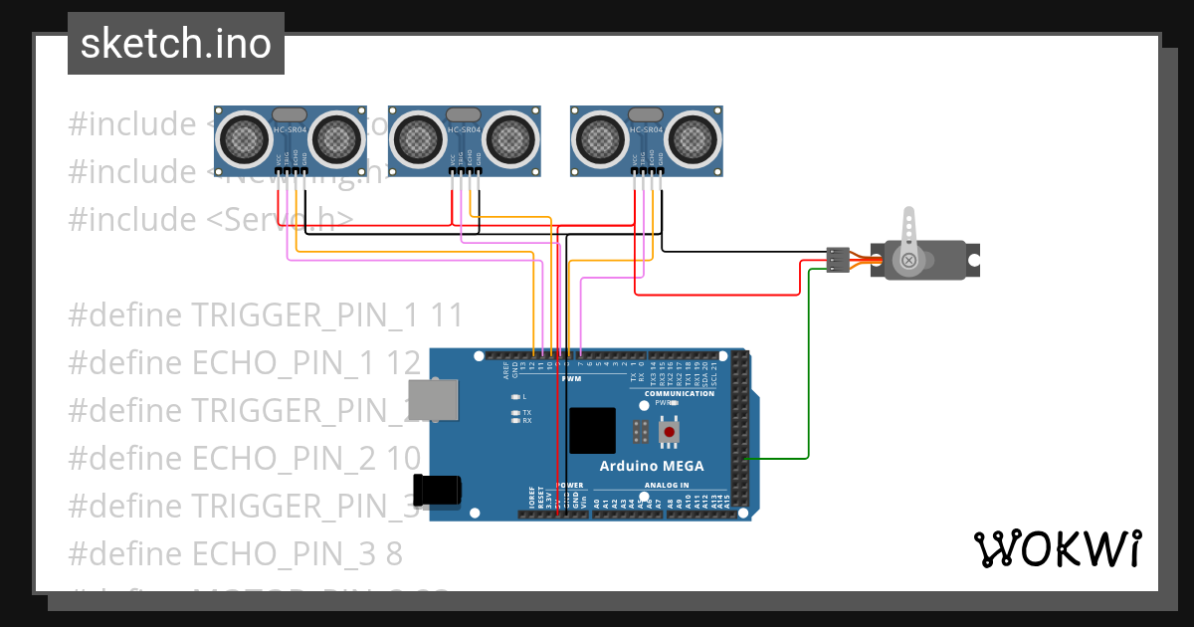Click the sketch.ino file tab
[x=175, y=44]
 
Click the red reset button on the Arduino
[x=669, y=432]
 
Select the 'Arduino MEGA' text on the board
[x=651, y=466]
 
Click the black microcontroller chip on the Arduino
[x=592, y=430]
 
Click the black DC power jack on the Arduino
[x=440, y=490]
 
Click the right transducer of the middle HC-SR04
[x=512, y=137]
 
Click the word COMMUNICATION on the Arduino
[x=679, y=393]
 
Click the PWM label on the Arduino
[x=571, y=379]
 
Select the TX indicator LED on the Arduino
[x=514, y=412]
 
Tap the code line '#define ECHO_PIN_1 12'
[x=244, y=362]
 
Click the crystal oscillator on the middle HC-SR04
[x=463, y=115]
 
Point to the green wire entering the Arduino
[x=776, y=459]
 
